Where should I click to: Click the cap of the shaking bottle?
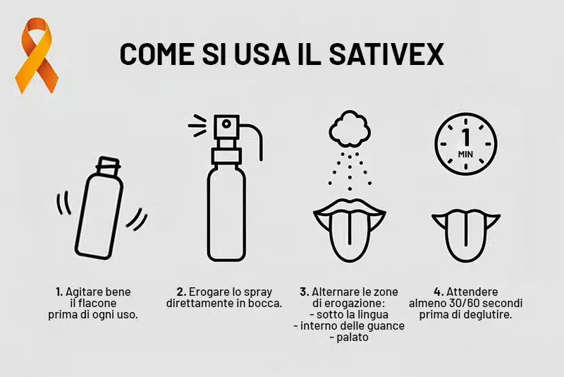click(109, 167)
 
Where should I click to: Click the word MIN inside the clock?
click(465, 153)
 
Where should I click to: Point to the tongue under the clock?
click(465, 229)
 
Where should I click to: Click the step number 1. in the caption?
click(59, 292)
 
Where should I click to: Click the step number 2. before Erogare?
click(181, 292)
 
